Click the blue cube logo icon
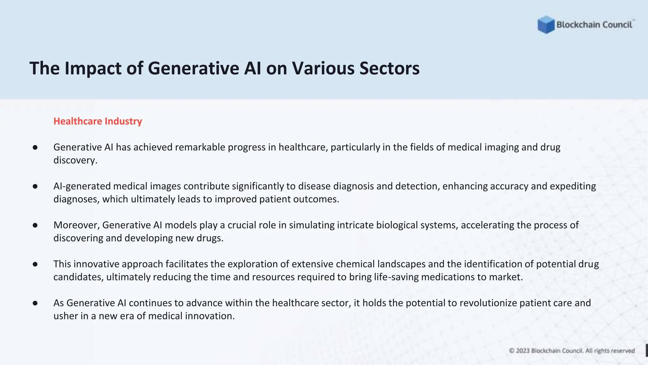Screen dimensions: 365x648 click(x=546, y=25)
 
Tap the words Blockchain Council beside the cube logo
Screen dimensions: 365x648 click(x=594, y=25)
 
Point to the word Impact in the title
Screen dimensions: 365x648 click(x=93, y=68)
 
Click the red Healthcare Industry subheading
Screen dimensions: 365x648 click(x=98, y=121)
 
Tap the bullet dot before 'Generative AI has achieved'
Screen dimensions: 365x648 click(x=35, y=147)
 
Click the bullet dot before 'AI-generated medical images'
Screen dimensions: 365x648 click(x=35, y=186)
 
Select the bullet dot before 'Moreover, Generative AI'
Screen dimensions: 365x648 click(x=35, y=225)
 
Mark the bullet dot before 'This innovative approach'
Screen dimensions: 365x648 click(x=35, y=264)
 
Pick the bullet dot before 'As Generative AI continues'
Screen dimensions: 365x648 click(x=35, y=303)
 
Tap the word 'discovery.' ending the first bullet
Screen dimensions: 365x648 click(x=75, y=160)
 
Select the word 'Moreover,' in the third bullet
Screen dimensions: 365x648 click(x=77, y=225)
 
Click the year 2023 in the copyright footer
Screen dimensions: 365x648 click(x=522, y=351)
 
